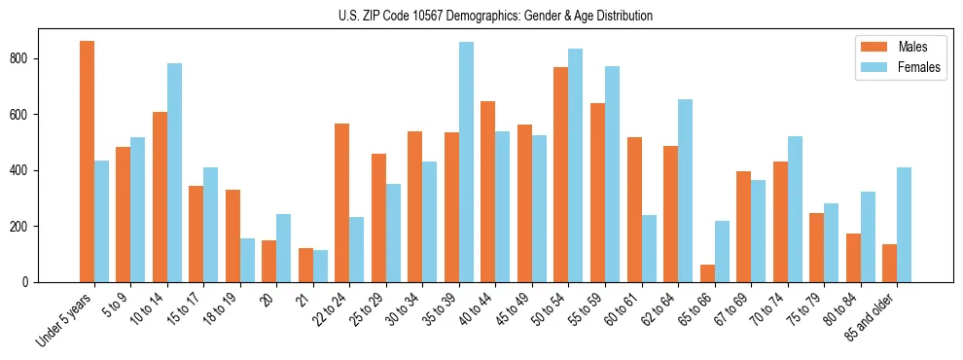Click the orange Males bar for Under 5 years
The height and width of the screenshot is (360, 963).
(x=87, y=162)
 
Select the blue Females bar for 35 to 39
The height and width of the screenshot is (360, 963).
(x=466, y=162)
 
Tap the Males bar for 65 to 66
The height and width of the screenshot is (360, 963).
(x=707, y=273)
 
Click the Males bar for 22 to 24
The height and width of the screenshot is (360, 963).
(x=342, y=202)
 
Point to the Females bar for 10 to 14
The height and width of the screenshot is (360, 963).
(x=174, y=173)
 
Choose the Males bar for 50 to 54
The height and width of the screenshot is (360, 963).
(x=561, y=175)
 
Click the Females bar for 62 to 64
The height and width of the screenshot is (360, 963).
(x=685, y=191)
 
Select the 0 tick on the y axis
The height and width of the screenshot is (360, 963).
(x=29, y=282)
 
